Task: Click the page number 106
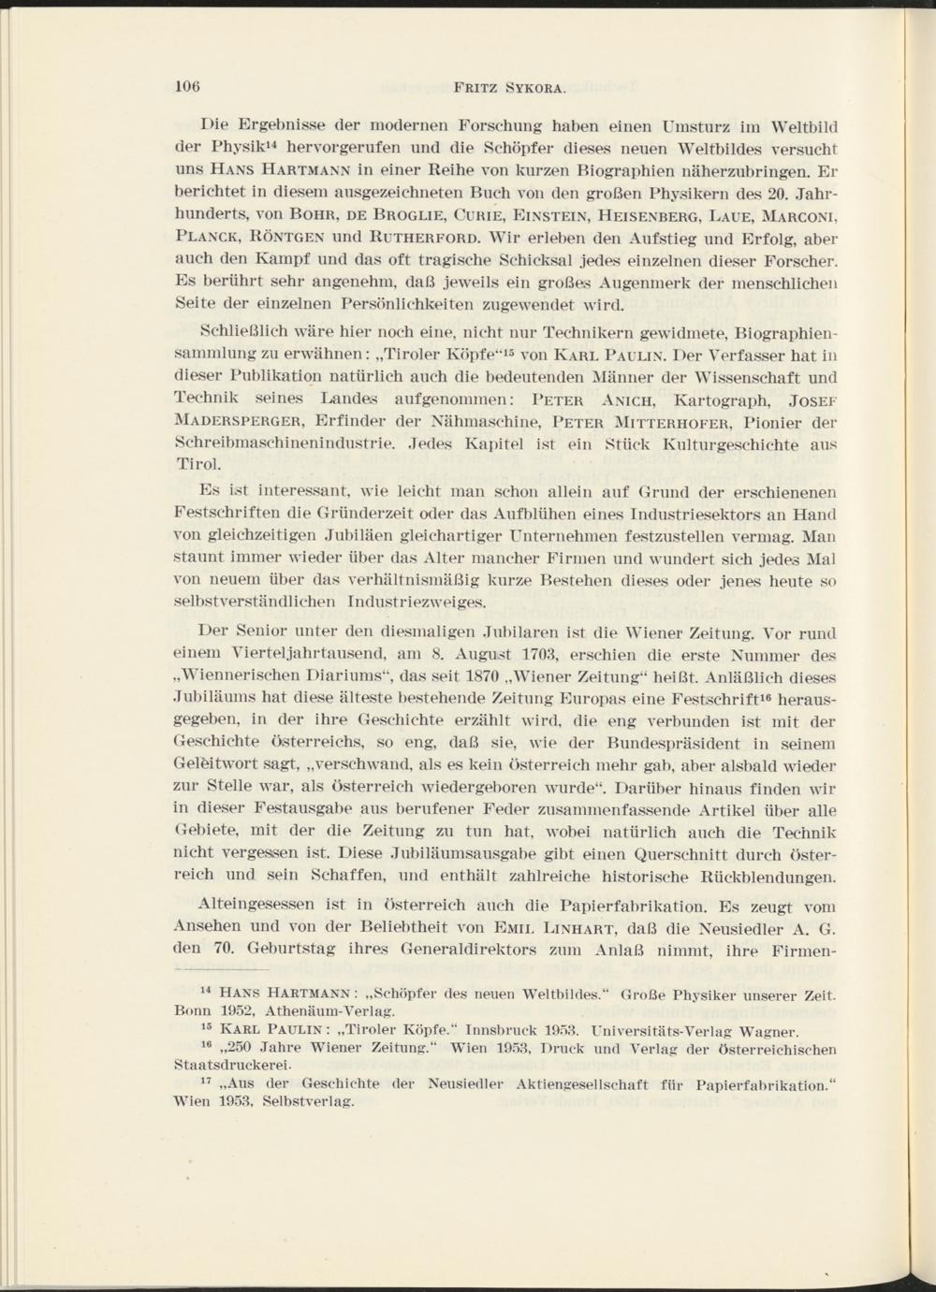click(x=191, y=87)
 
